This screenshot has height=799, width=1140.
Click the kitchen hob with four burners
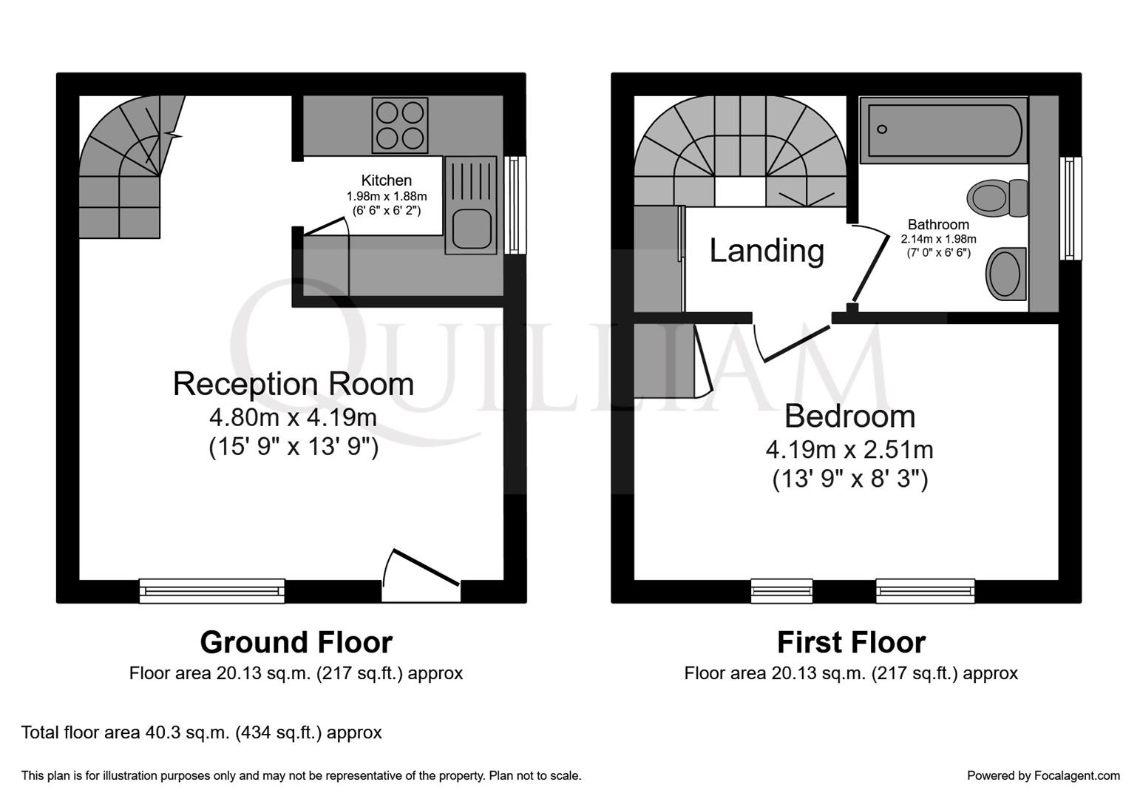click(400, 125)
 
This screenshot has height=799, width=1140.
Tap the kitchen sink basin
click(471, 229)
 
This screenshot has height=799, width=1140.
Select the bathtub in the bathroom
click(943, 130)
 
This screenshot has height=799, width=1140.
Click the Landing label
click(767, 251)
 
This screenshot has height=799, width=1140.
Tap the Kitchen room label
click(386, 181)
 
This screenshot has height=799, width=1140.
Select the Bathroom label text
click(938, 224)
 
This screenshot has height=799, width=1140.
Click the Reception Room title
click(294, 384)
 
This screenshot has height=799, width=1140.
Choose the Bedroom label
click(849, 417)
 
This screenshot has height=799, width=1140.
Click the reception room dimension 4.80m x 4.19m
click(294, 417)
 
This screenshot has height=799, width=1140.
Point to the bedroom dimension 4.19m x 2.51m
click(849, 449)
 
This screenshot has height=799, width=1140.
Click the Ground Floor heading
click(296, 642)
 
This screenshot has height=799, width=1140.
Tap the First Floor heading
click(851, 642)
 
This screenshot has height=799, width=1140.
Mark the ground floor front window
click(212, 590)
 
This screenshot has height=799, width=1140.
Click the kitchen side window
click(515, 205)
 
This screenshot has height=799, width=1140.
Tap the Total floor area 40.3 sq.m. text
click(202, 732)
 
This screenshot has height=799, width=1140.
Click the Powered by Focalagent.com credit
click(1043, 775)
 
